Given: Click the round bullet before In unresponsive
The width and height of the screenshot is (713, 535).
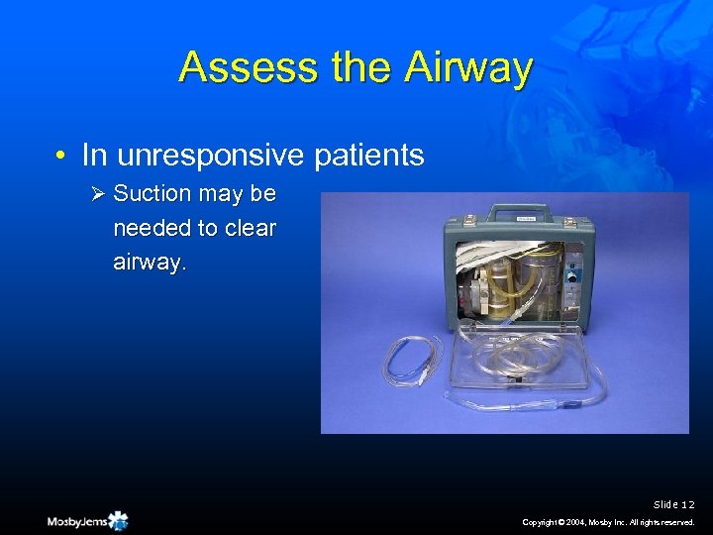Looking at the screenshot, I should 61,157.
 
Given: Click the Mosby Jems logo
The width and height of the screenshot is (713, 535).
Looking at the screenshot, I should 87,520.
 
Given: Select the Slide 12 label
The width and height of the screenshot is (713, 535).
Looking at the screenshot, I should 674,504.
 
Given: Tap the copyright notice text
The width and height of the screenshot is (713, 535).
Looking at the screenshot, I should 609,521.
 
